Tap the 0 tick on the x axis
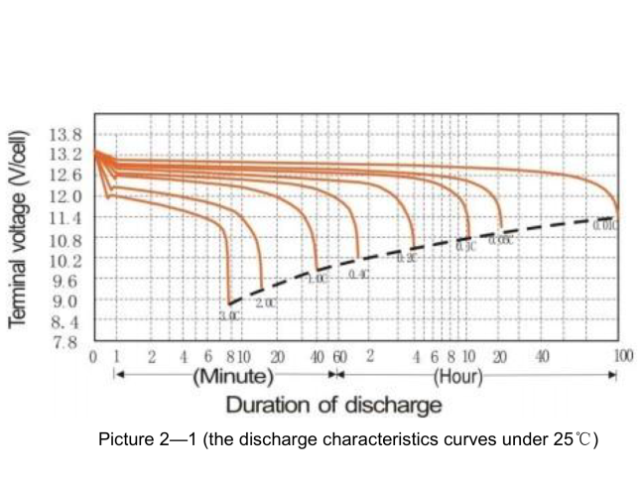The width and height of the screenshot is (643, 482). pyautogui.click(x=93, y=356)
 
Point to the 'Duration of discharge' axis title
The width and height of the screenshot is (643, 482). pyautogui.click(x=333, y=406)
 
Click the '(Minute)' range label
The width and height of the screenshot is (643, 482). pyautogui.click(x=233, y=376)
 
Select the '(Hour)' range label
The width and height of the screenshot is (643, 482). pyautogui.click(x=457, y=376)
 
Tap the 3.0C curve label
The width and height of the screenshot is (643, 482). pyautogui.click(x=229, y=315)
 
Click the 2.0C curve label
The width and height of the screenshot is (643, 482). pyautogui.click(x=265, y=302)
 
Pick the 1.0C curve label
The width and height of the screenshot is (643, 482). pyautogui.click(x=318, y=279)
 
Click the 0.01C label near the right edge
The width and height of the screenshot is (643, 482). pyautogui.click(x=605, y=226)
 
